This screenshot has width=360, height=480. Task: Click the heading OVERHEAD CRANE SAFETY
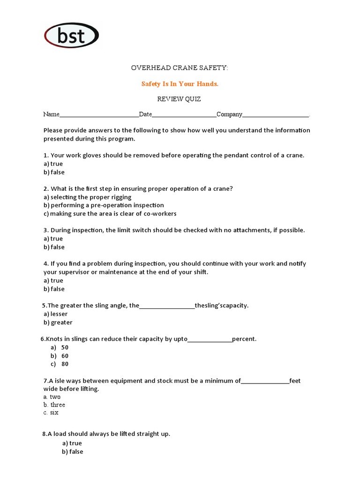pyautogui.click(x=180, y=68)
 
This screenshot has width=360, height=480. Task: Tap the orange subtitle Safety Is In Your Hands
pyautogui.click(x=180, y=84)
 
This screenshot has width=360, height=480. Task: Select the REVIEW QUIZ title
pyautogui.click(x=180, y=99)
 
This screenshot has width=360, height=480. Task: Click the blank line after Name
pyautogui.click(x=99, y=115)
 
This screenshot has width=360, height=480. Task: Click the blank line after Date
pyautogui.click(x=184, y=115)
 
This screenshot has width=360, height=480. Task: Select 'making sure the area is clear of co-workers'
pyautogui.click(x=113, y=214)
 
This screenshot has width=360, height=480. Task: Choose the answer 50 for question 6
pyautogui.click(x=65, y=347)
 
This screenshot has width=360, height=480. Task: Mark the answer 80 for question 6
pyautogui.click(x=65, y=364)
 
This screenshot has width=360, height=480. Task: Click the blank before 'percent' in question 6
pyautogui.click(x=210, y=340)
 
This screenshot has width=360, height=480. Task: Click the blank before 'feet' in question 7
pyautogui.click(x=265, y=382)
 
